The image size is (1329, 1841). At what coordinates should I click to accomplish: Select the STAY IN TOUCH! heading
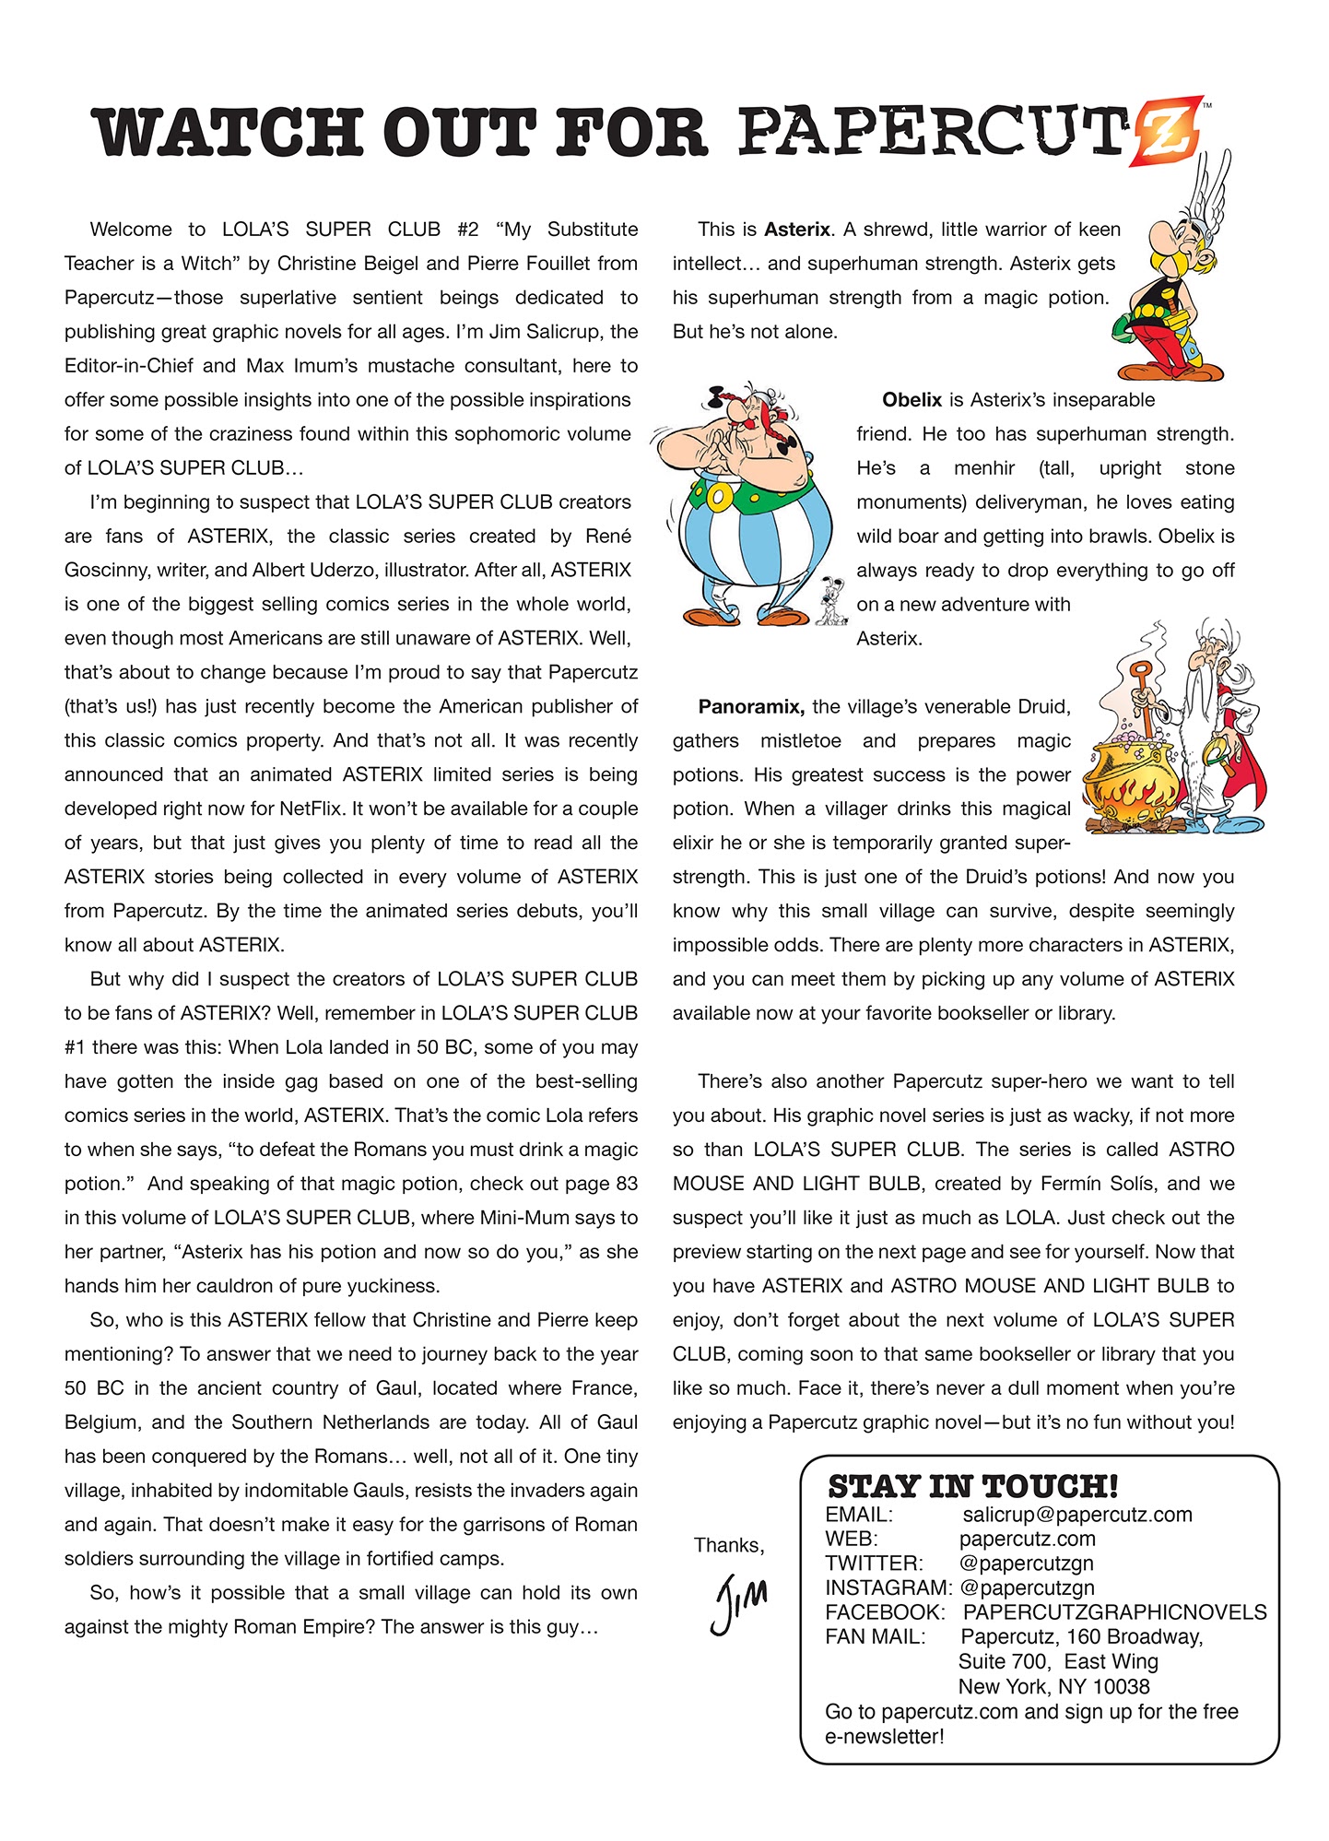coord(972,1486)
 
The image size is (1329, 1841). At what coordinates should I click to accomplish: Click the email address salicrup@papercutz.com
coord(1076,1515)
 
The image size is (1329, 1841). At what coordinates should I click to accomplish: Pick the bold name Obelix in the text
coord(911,400)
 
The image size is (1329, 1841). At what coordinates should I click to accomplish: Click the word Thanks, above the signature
coord(729,1546)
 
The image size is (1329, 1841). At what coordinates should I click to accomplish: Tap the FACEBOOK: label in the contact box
coord(885,1612)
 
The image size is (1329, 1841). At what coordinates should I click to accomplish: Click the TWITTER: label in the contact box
coord(874,1564)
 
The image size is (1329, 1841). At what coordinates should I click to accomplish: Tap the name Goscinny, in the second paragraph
coord(106,571)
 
